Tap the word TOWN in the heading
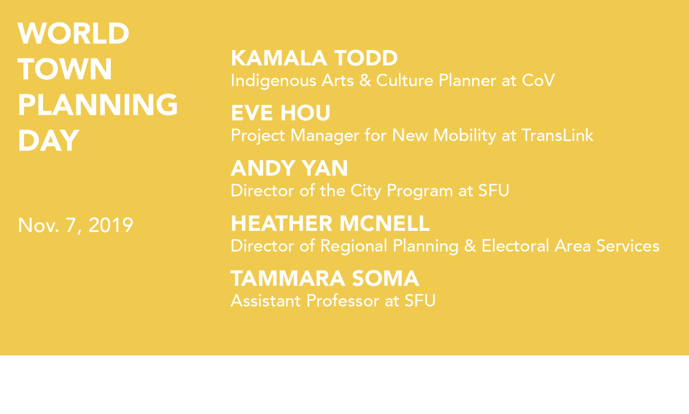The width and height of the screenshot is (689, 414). [65, 69]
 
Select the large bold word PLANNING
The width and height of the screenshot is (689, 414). [98, 105]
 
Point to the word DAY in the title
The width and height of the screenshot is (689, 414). [48, 141]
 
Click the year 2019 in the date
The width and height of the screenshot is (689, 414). [111, 225]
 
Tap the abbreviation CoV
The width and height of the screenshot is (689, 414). [538, 80]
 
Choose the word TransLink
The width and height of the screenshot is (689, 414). [557, 136]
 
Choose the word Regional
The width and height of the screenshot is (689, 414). [352, 246]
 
